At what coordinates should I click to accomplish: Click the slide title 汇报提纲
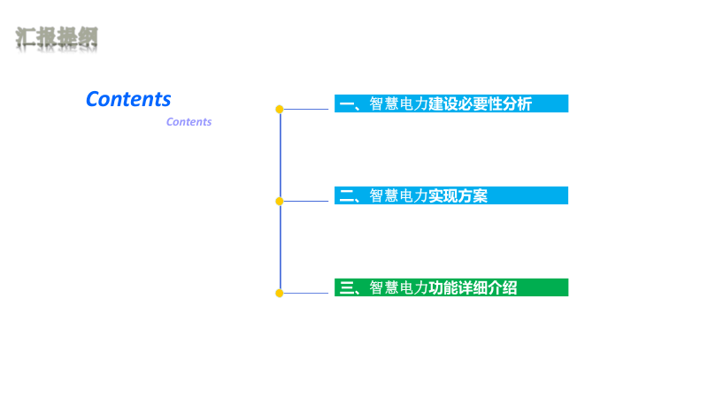(x=57, y=38)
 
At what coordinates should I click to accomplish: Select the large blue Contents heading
(x=128, y=99)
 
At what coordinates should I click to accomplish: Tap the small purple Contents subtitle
(x=189, y=122)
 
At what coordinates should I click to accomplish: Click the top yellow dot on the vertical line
(x=280, y=110)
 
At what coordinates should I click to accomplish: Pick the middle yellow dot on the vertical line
(x=280, y=201)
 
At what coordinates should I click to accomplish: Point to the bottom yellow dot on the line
(x=280, y=293)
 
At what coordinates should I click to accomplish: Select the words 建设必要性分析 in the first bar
(x=481, y=104)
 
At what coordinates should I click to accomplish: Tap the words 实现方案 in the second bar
(x=458, y=196)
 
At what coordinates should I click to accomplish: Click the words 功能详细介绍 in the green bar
(x=473, y=287)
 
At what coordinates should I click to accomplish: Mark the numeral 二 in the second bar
(x=346, y=196)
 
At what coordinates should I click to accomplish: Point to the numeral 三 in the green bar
(x=346, y=287)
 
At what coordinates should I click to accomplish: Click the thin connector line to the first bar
(x=307, y=110)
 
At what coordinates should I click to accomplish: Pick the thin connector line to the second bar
(x=307, y=201)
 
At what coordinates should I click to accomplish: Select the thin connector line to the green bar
(x=307, y=293)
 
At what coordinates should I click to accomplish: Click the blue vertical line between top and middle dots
(x=281, y=155)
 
